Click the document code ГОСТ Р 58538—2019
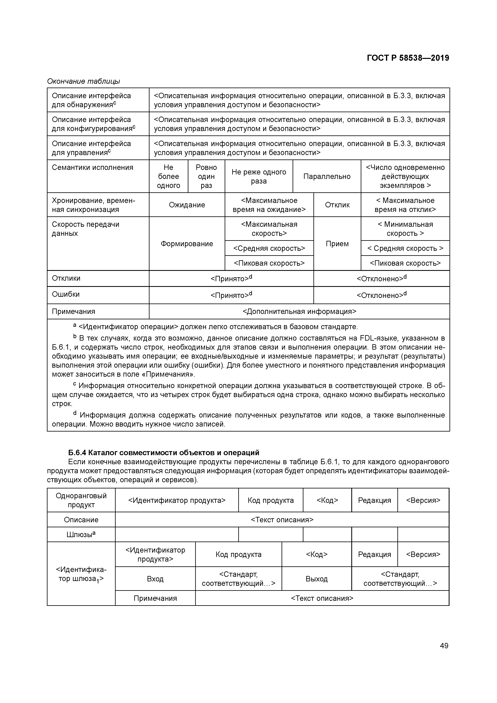(x=408, y=58)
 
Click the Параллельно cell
(x=327, y=176)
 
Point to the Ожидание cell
(x=187, y=205)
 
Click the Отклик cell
(x=337, y=205)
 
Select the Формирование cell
(x=187, y=244)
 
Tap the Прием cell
(x=337, y=244)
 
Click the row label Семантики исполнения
(x=92, y=167)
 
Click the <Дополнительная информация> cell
(x=299, y=311)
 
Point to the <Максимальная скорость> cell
(x=269, y=229)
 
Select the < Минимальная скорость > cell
(x=405, y=229)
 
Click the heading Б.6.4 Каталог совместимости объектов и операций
(x=164, y=453)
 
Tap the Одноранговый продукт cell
(x=81, y=500)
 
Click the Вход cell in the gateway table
(x=155, y=579)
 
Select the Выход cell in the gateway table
(x=317, y=579)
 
